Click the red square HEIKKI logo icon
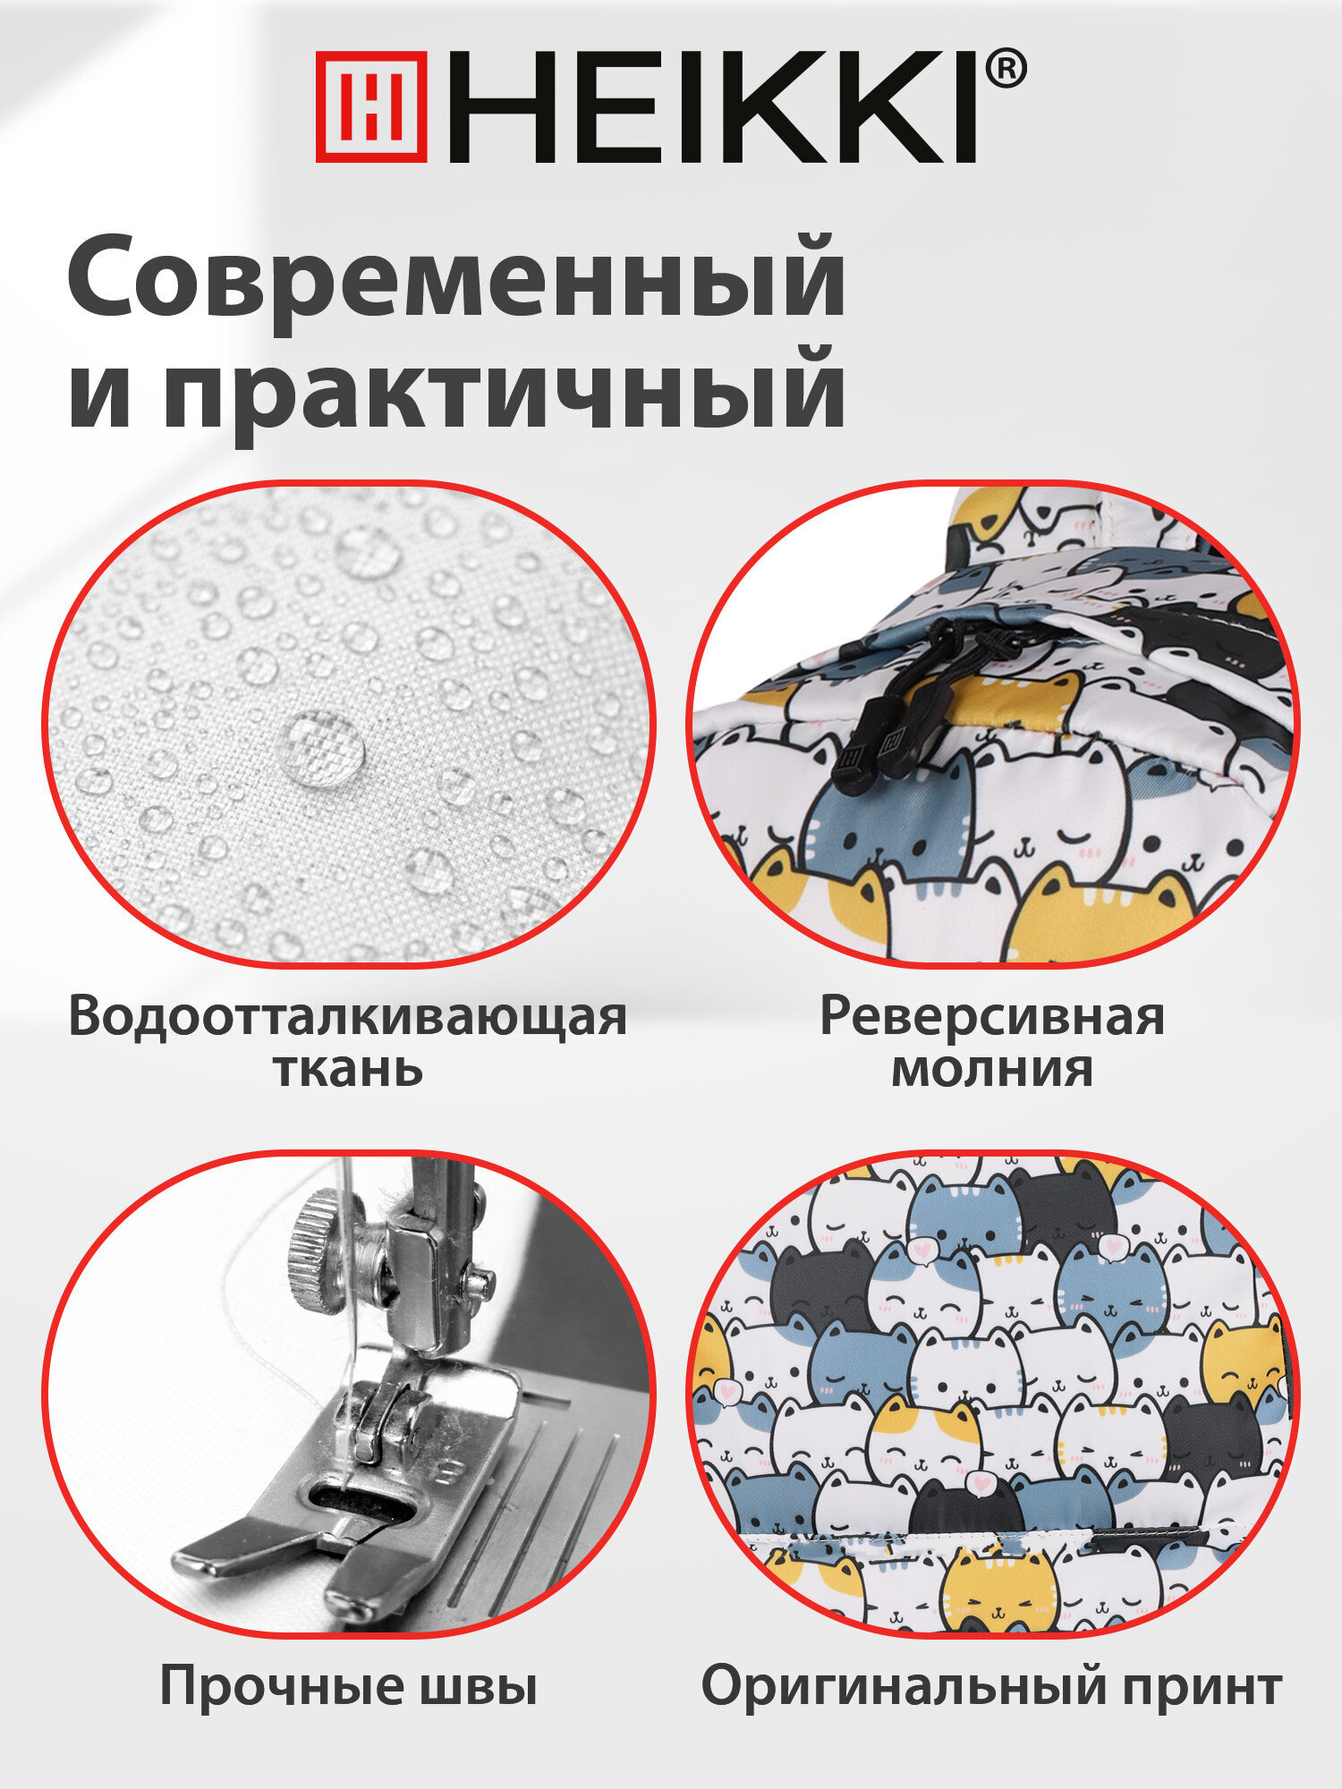[x=371, y=106]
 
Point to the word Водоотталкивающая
[x=347, y=1017]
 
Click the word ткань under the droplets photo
[x=347, y=1069]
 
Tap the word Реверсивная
[x=992, y=1017]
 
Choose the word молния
[x=992, y=1069]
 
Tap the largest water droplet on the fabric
[x=320, y=748]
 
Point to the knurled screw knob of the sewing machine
[x=318, y=1238]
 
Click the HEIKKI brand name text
[x=711, y=107]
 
